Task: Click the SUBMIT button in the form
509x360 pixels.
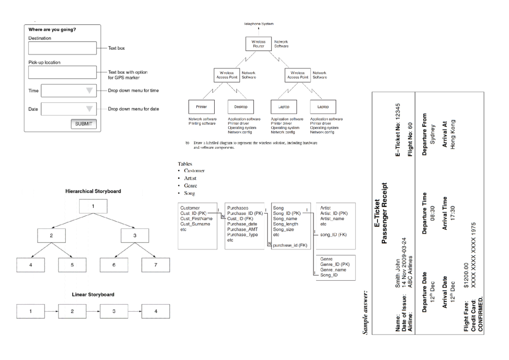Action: click(x=83, y=124)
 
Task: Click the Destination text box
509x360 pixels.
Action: click(x=63, y=48)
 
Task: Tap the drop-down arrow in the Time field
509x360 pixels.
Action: click(x=89, y=90)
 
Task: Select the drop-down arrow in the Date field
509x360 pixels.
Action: click(x=89, y=109)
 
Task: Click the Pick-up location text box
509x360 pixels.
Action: click(x=63, y=72)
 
